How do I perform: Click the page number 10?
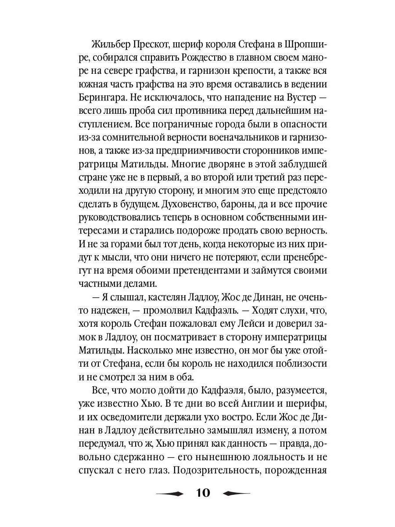pos(201,493)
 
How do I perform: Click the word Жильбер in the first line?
pos(108,45)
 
